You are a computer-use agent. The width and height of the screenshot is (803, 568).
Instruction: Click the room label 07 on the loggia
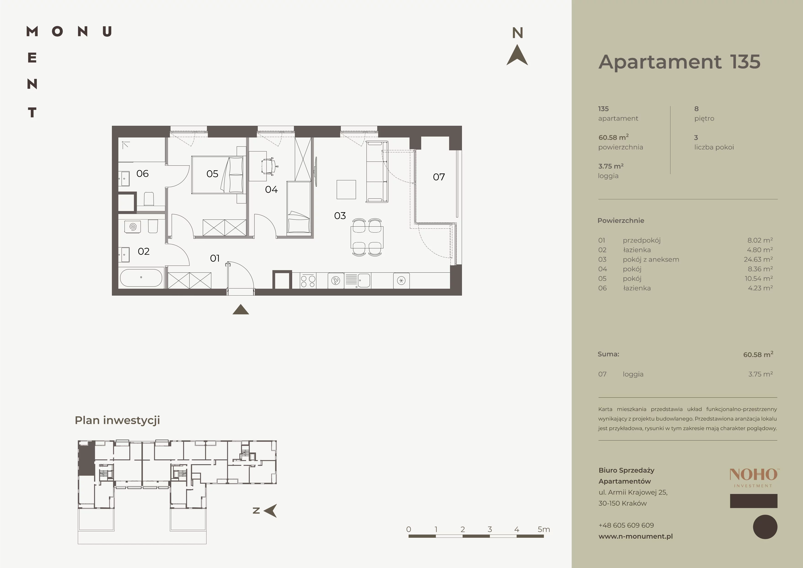[x=439, y=177]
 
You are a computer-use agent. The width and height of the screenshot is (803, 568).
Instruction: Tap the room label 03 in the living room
[x=340, y=216]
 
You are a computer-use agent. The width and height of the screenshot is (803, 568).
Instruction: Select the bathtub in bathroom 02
[x=141, y=278]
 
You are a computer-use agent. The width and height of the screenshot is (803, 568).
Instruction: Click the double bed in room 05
[x=217, y=175]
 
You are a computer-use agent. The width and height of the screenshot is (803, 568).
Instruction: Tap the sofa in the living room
[x=377, y=171]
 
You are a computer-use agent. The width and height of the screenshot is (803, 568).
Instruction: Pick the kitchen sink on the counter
[x=357, y=280]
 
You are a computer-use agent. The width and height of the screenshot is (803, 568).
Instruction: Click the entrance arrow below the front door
[x=241, y=310]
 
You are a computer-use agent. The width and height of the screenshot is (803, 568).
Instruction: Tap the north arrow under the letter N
[x=517, y=55]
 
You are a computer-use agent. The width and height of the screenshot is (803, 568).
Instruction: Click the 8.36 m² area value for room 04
[x=760, y=269]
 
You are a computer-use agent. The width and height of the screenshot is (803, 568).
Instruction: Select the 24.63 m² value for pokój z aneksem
[x=758, y=259]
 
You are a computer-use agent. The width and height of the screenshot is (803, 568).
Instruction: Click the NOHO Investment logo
[x=753, y=478]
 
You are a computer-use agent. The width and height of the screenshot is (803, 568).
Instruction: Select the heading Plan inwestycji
[x=117, y=420]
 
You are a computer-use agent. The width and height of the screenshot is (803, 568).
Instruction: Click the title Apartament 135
[x=679, y=62]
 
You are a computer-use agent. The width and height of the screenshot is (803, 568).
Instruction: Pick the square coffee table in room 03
[x=346, y=189]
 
